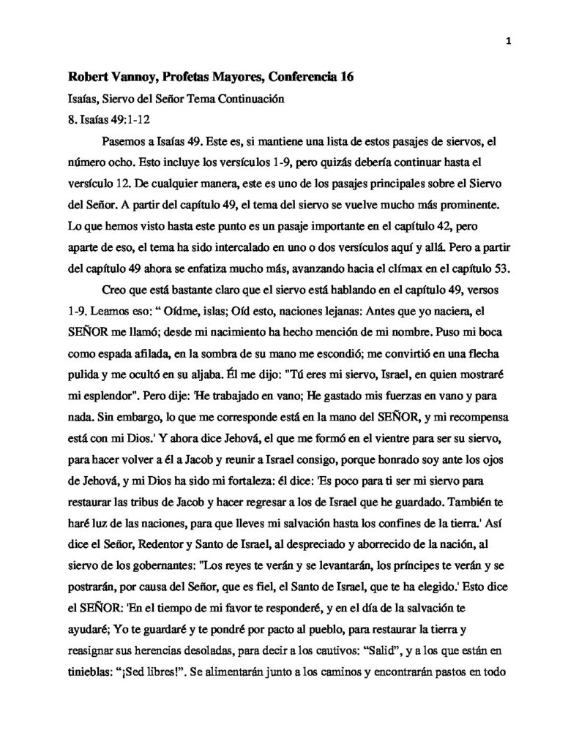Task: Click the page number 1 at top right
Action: (x=507, y=42)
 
